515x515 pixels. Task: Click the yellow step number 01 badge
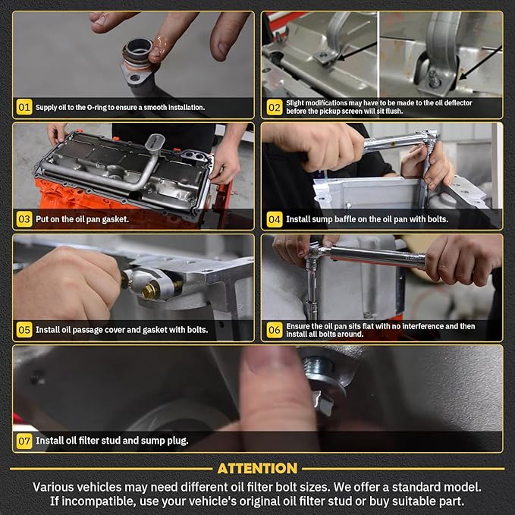pos(24,107)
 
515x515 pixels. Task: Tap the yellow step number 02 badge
pos(275,107)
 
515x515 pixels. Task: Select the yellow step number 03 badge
pos(24,219)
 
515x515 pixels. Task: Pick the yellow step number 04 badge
pos(275,219)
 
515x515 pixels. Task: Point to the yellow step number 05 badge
pos(24,330)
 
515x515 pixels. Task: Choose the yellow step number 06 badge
pos(275,330)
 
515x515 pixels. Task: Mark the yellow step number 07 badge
pos(24,441)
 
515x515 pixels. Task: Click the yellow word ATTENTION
pos(257,469)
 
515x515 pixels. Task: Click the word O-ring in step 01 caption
pos(96,108)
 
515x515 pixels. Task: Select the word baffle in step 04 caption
pos(345,219)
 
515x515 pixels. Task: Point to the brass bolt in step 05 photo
pos(151,290)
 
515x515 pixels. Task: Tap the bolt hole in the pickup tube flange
pos(135,78)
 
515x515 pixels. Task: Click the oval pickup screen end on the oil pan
pos(155,142)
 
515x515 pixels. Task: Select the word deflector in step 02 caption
pos(458,103)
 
